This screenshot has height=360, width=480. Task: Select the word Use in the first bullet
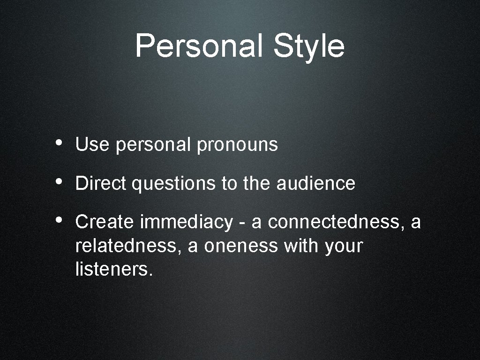coord(92,145)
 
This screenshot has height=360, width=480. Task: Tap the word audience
coord(316,183)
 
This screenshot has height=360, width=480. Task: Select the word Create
coord(104,222)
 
